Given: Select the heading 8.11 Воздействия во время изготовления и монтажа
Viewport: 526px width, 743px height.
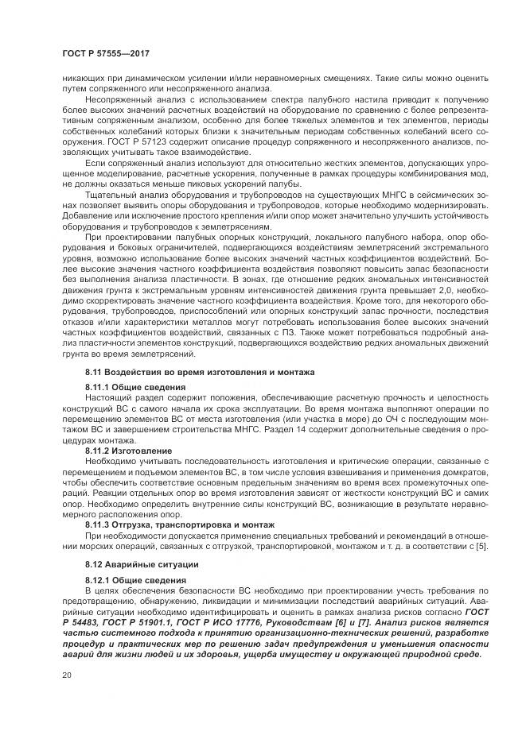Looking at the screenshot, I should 200,372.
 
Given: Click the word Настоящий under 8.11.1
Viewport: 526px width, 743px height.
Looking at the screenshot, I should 109,396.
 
